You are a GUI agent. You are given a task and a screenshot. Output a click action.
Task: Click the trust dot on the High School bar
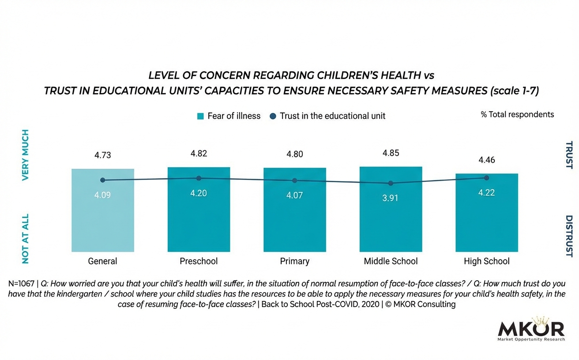tap(487, 178)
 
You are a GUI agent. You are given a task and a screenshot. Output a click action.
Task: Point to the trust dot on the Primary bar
tap(295, 180)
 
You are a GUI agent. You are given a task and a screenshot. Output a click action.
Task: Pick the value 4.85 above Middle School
tap(391, 153)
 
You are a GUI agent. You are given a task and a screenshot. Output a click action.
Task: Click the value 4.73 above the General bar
tap(102, 155)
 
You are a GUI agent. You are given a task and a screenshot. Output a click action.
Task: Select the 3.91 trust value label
tap(391, 198)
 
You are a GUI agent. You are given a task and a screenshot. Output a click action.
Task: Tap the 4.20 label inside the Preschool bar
tap(199, 193)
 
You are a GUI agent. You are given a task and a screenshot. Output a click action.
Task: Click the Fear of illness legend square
tap(201, 116)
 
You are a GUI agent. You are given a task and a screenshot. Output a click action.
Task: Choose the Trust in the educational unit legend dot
tap(273, 116)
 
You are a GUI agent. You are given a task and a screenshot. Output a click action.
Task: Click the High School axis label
tap(486, 261)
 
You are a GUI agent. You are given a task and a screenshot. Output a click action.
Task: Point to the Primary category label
tap(295, 261)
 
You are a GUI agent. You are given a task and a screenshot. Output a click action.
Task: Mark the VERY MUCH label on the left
tap(25, 155)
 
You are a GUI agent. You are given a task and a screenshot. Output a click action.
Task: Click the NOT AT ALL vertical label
tap(25, 239)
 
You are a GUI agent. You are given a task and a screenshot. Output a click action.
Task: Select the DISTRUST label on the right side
tap(569, 236)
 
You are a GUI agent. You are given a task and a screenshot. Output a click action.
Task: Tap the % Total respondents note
tap(517, 114)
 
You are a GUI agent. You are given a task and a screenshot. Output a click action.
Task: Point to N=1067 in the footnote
tap(22, 284)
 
